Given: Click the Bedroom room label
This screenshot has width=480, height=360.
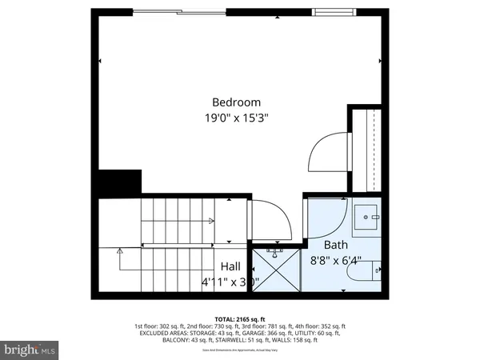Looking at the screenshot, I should coord(236,102).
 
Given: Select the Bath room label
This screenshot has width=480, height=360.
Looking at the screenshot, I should coord(336,245).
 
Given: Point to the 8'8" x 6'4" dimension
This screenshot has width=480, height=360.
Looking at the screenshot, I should coord(336,260).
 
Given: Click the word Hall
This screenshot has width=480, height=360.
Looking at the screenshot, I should coord(230,266).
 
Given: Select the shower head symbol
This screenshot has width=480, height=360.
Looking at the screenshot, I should coord(275,252).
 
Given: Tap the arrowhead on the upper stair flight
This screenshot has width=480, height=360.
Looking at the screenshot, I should coord(211,221).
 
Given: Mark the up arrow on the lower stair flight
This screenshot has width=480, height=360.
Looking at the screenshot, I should coord(119,252).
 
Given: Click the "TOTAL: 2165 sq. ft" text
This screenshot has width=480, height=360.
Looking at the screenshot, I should coord(239,318).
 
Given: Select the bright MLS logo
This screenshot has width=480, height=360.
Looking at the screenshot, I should coord(30,350).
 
